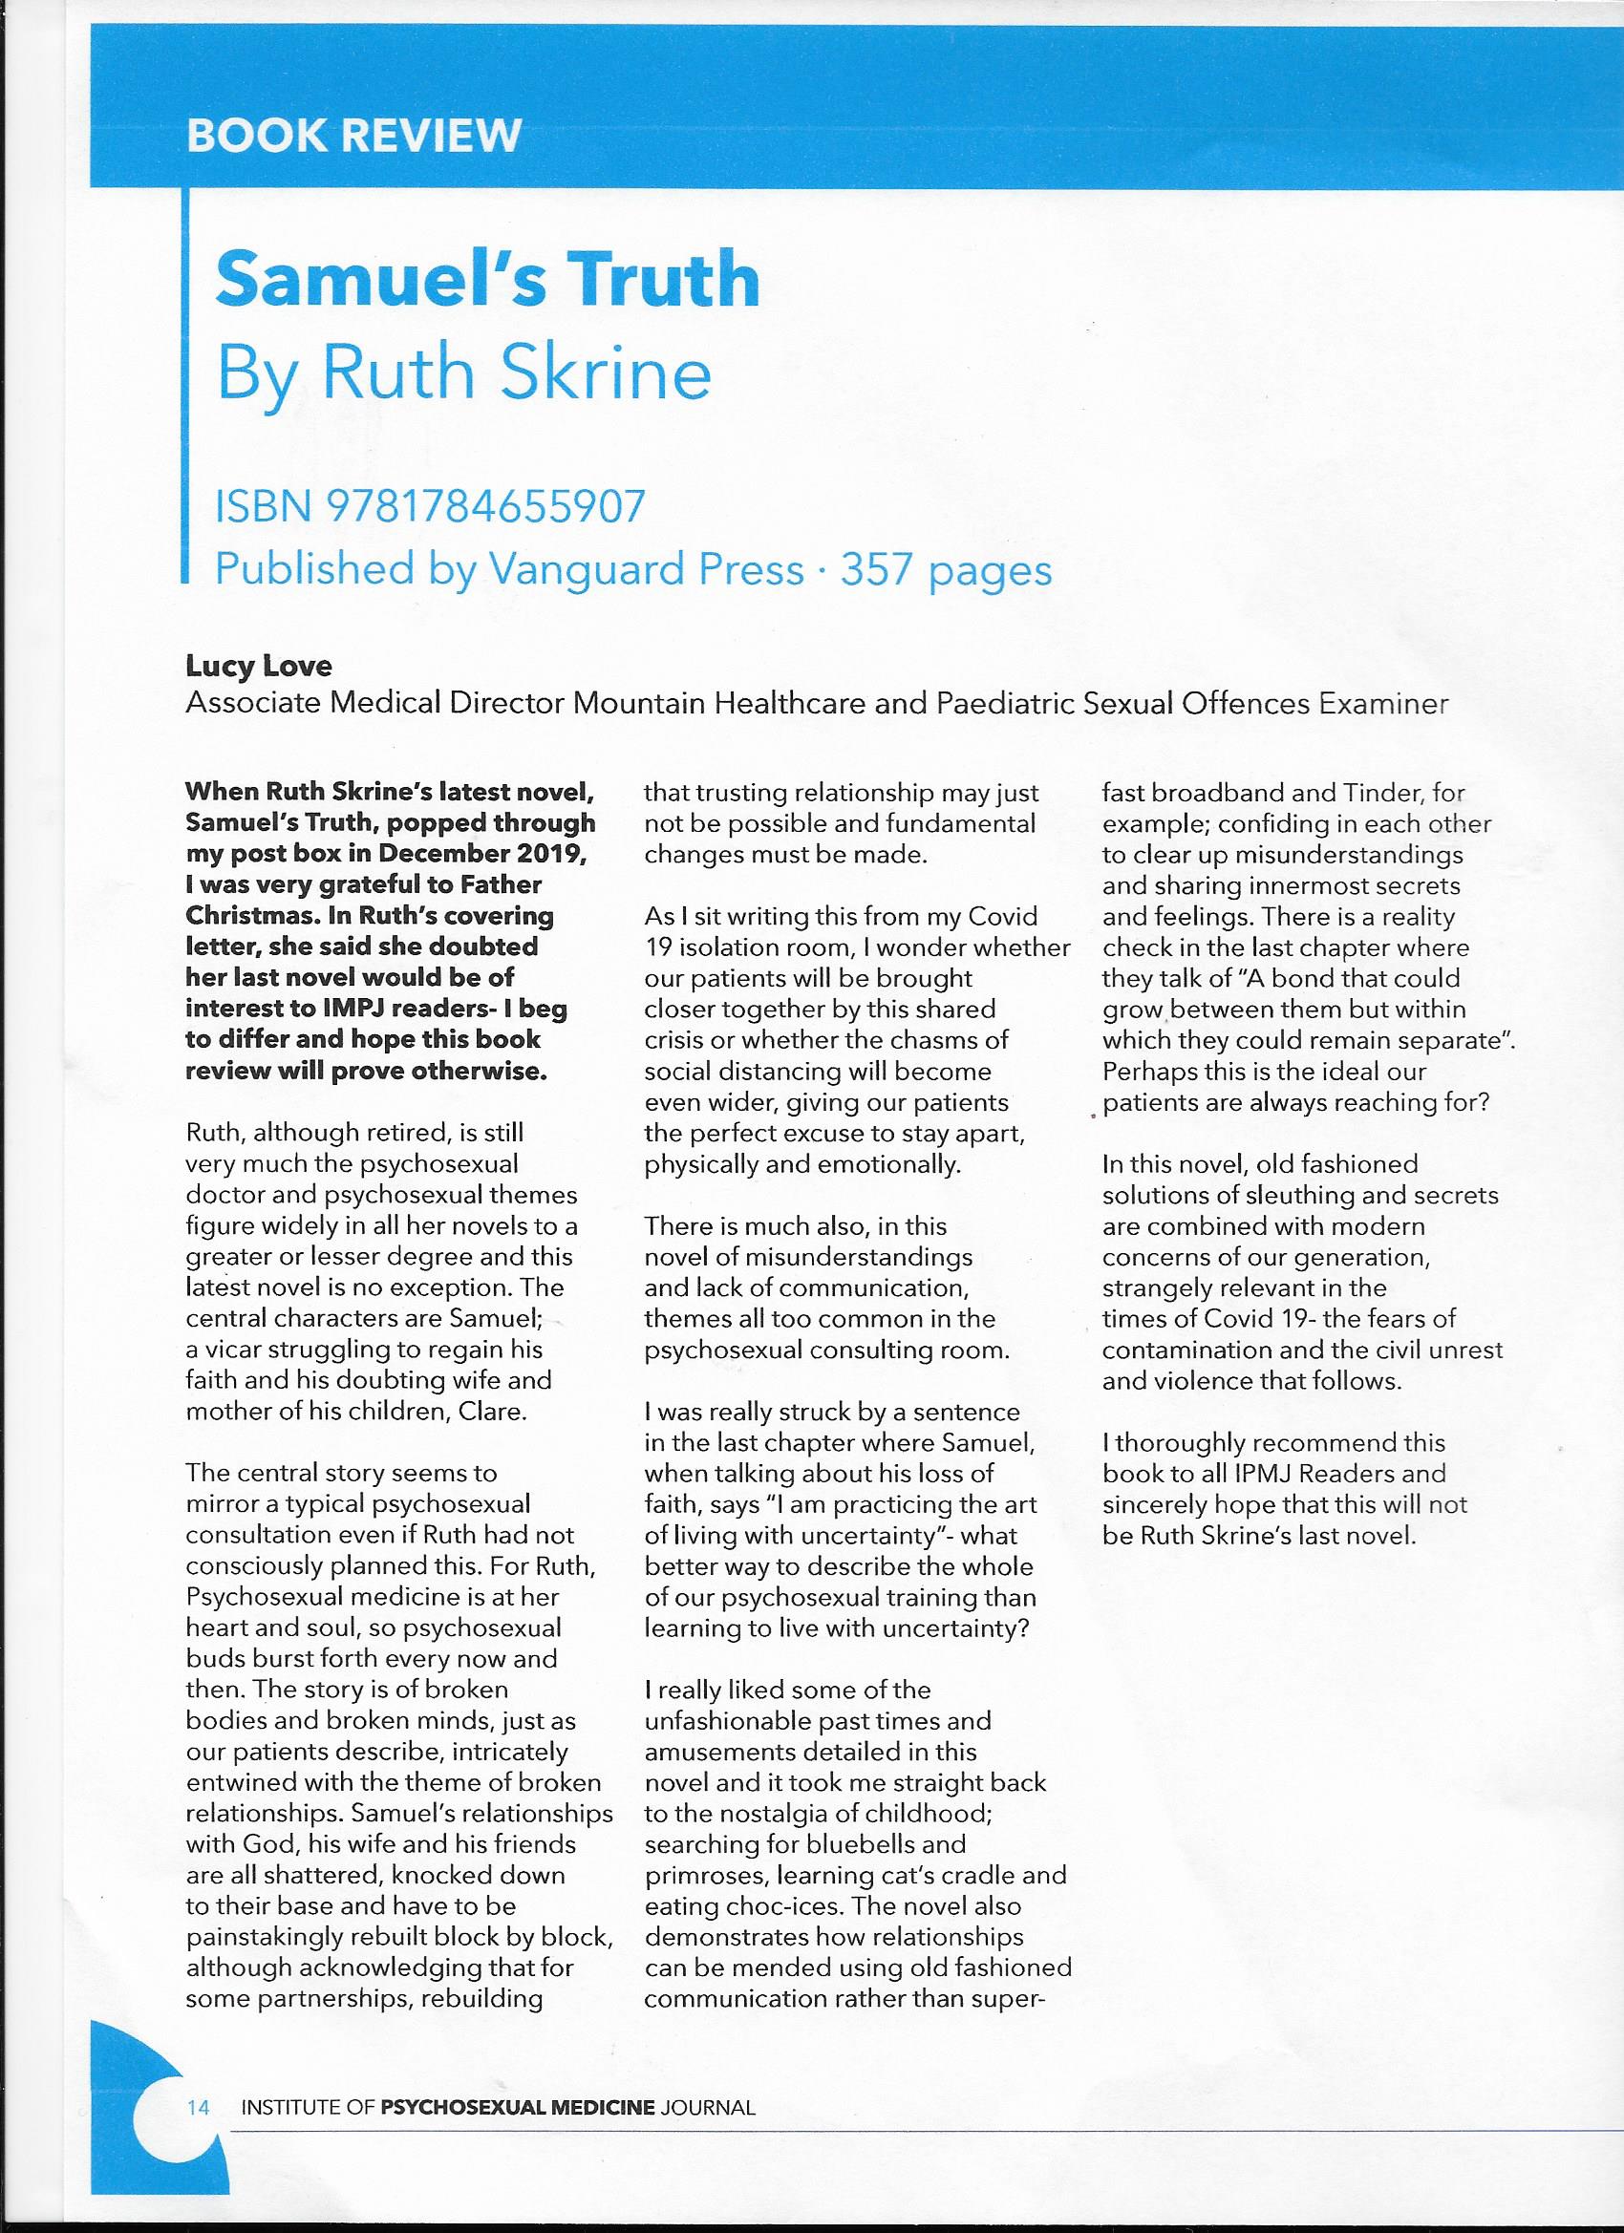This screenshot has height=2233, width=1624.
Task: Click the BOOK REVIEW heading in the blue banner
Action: (353, 135)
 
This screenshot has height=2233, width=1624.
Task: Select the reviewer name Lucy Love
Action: (259, 667)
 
